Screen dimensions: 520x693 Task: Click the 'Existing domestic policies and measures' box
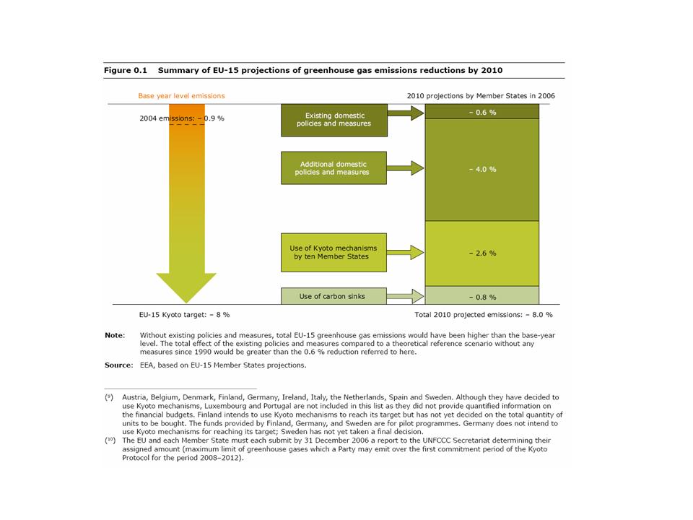coord(334,120)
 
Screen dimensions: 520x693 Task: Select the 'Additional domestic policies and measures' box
coord(334,168)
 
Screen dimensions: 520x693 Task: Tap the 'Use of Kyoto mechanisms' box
coord(334,252)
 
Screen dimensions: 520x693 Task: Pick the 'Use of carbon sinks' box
coord(334,295)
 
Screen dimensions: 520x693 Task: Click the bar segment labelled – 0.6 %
coord(481,112)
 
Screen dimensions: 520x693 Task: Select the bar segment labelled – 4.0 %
coord(481,169)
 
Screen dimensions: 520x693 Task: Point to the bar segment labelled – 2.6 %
coord(481,253)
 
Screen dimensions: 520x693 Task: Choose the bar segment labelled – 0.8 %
coord(481,295)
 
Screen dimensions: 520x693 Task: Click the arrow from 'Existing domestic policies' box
coord(406,112)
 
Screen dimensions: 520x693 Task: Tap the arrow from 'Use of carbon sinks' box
coord(406,295)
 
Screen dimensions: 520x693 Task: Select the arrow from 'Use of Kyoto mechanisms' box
coord(406,252)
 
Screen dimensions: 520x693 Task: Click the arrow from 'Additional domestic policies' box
coord(406,168)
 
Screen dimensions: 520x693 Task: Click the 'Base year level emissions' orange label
coord(181,95)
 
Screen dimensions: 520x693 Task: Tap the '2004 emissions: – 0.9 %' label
coord(181,118)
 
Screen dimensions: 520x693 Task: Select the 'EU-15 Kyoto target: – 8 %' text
coord(184,315)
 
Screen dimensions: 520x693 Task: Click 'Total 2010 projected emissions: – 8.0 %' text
coord(483,315)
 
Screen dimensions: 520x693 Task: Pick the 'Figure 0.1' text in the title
coord(126,71)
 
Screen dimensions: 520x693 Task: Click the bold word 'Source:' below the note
coord(118,365)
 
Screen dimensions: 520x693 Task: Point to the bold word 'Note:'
coord(114,335)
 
